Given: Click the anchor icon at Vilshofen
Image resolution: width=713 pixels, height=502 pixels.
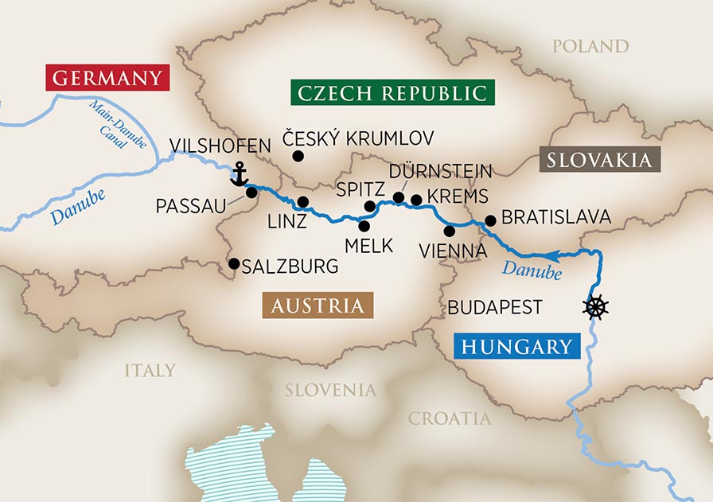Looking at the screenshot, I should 238,174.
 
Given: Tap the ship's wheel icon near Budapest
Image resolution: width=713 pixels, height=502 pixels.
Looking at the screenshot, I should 596,307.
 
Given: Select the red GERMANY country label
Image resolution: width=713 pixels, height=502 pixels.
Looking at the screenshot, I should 108,79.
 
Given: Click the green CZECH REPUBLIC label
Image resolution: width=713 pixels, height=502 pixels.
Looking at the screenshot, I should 392,92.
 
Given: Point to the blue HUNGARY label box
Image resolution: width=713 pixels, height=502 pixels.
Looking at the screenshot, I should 516,346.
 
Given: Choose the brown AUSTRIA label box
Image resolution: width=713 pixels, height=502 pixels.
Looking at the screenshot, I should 318,305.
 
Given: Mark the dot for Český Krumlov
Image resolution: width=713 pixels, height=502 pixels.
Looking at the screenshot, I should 298,156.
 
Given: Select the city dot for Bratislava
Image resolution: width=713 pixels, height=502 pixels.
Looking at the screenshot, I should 490,220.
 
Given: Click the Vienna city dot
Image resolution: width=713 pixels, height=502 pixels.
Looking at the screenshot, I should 450,231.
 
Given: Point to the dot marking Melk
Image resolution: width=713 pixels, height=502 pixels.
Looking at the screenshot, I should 364,226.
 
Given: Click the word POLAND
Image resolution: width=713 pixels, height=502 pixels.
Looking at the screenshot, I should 590,46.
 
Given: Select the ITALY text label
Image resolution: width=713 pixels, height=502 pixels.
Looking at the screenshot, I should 150,370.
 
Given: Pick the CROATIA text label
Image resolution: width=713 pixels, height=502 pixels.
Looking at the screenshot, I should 450,418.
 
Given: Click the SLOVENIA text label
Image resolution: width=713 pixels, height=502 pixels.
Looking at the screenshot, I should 330,390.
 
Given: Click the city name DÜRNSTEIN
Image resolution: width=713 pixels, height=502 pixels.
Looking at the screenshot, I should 441,171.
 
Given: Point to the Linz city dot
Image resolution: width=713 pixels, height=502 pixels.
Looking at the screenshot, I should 302,202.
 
